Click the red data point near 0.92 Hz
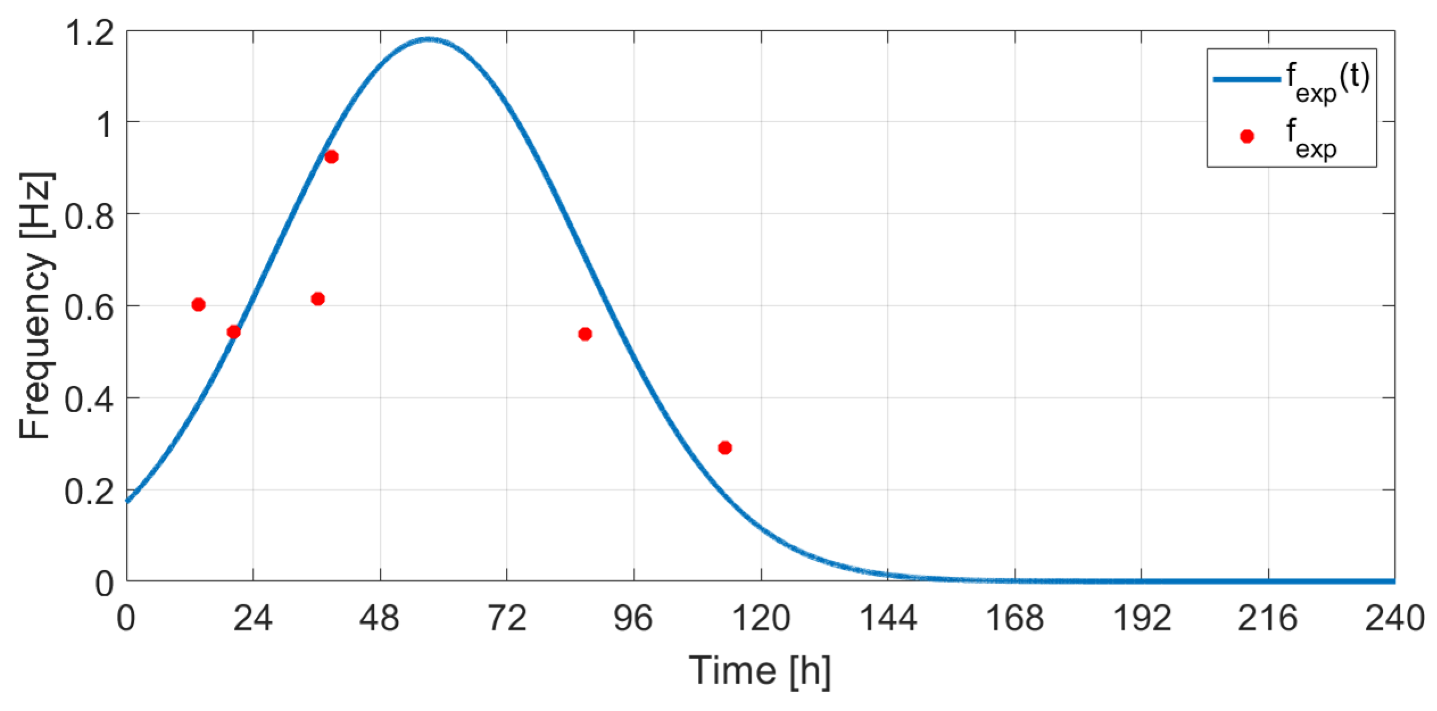point(331,157)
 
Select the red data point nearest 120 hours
point(725,448)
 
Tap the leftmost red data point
point(198,305)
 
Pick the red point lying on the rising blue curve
point(234,332)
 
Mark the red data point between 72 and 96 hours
point(585,334)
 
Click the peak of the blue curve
point(429,39)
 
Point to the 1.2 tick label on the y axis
point(90,33)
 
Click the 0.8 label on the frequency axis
point(89,217)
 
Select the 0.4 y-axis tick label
point(89,400)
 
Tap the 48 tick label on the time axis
point(379,618)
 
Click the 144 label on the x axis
point(888,618)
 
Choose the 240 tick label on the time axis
point(1394,618)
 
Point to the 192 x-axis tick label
point(1141,618)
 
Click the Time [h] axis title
point(760,671)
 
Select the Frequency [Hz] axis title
point(36,306)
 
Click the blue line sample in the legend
point(1246,80)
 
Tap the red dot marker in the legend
point(1247,136)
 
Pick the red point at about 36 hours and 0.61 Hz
point(318,299)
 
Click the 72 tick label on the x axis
point(506,618)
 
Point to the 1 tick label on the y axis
point(105,125)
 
